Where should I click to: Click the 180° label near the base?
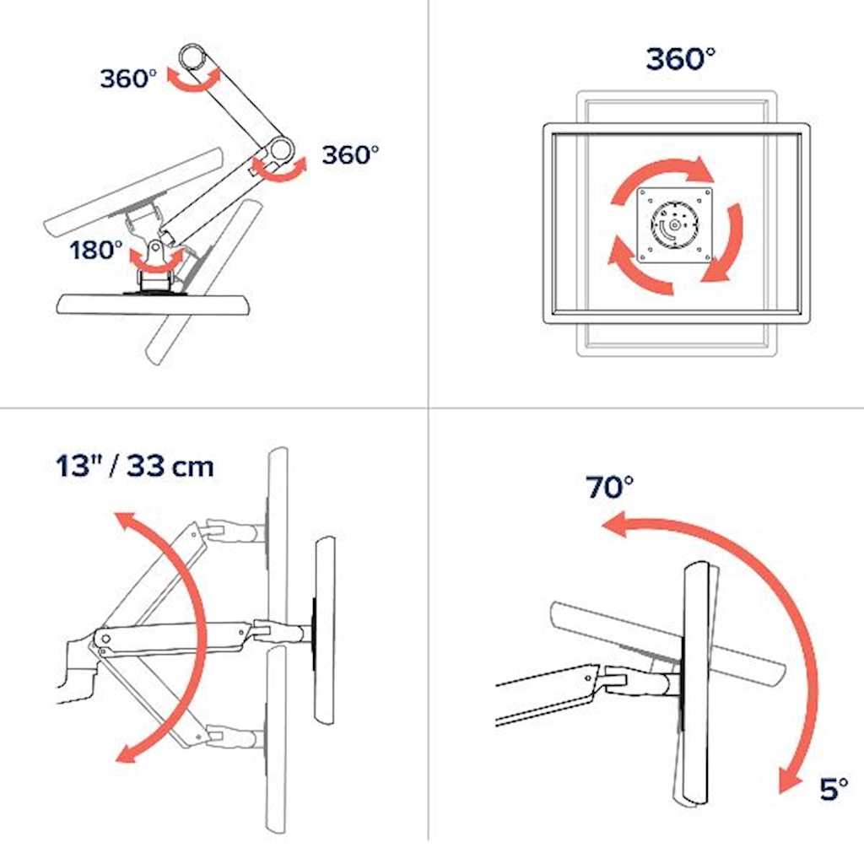(x=96, y=250)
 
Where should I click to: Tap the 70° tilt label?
(x=609, y=487)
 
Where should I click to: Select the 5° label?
(x=834, y=789)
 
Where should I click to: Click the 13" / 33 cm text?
(x=135, y=466)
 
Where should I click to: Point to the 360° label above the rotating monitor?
(x=681, y=58)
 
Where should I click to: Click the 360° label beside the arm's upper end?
(x=128, y=78)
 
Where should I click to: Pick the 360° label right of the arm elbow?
(x=350, y=155)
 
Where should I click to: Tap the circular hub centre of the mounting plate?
(x=674, y=224)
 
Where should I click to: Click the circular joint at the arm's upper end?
(x=193, y=57)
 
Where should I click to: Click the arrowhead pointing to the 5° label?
(x=790, y=780)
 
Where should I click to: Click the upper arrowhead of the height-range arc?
(x=125, y=520)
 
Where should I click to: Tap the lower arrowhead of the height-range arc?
(x=126, y=753)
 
